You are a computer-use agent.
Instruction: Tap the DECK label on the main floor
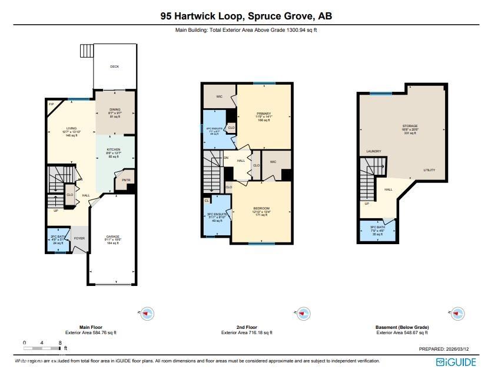115,66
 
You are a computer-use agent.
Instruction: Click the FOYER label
79,238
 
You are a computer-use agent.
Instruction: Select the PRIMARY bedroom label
263,113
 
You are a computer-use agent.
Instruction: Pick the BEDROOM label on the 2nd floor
261,208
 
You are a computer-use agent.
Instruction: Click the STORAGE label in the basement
410,126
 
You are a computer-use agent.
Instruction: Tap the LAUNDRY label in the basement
374,151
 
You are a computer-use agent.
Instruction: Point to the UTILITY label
429,170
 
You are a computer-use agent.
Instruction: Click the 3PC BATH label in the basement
377,227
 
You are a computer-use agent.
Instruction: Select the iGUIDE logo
456,361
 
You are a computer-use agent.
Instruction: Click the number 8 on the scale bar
60,342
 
